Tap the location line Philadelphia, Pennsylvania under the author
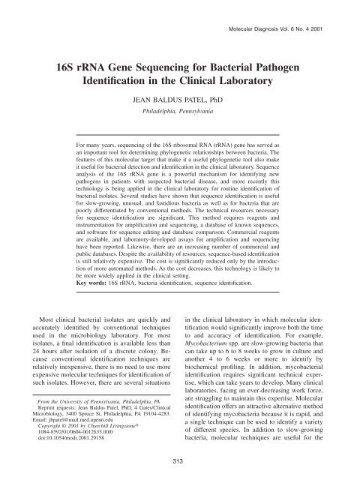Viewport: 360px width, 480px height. click(x=180, y=111)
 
